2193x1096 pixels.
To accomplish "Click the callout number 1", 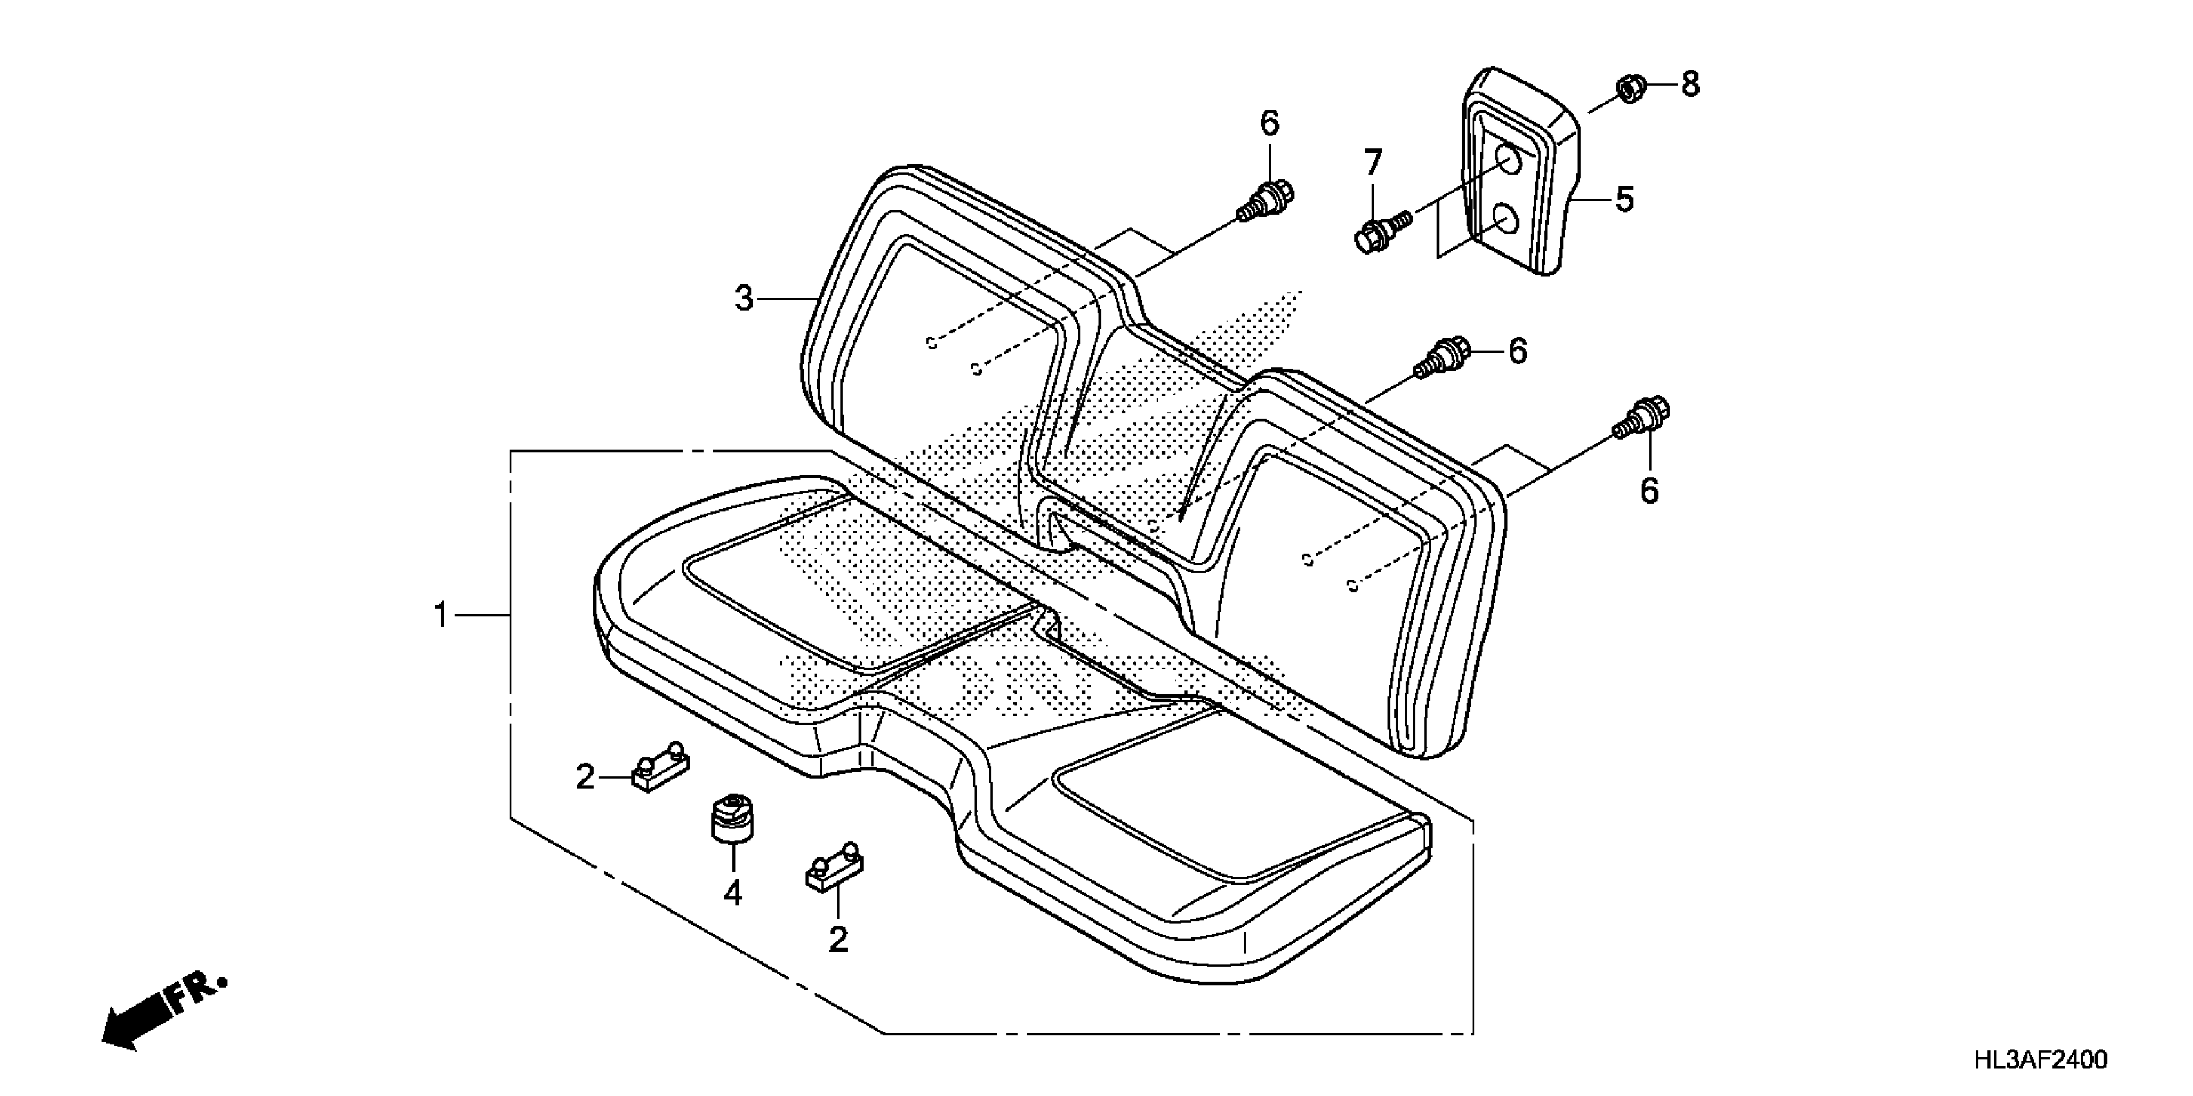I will [441, 614].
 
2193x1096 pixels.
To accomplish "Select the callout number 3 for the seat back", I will [744, 298].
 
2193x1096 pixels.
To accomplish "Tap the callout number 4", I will [733, 893].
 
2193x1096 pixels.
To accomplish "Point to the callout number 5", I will [1624, 200].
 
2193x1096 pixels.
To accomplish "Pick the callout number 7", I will [1373, 162].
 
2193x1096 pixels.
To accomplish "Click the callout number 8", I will [1690, 84].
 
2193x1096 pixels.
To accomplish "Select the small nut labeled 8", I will [1629, 88].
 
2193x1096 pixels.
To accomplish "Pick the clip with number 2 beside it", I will [660, 768].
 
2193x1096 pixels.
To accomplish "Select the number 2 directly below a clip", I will [838, 939].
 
